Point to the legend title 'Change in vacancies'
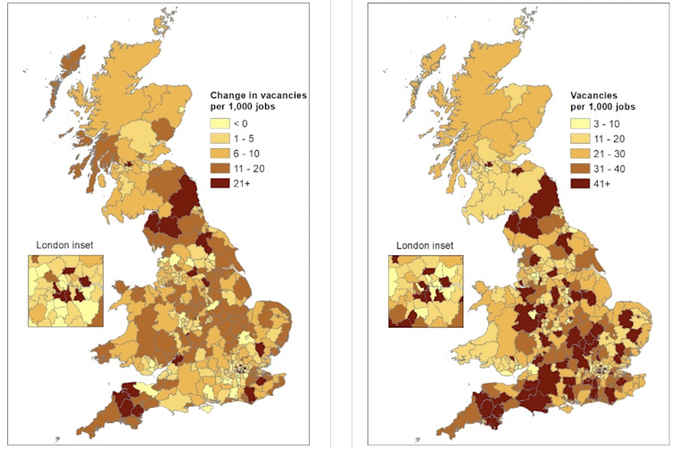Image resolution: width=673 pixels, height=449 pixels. coord(260,94)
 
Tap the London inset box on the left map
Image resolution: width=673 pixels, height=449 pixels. coord(65,291)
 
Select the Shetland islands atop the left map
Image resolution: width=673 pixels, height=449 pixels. coord(163,15)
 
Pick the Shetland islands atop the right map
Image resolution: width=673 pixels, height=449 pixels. coord(525,15)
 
